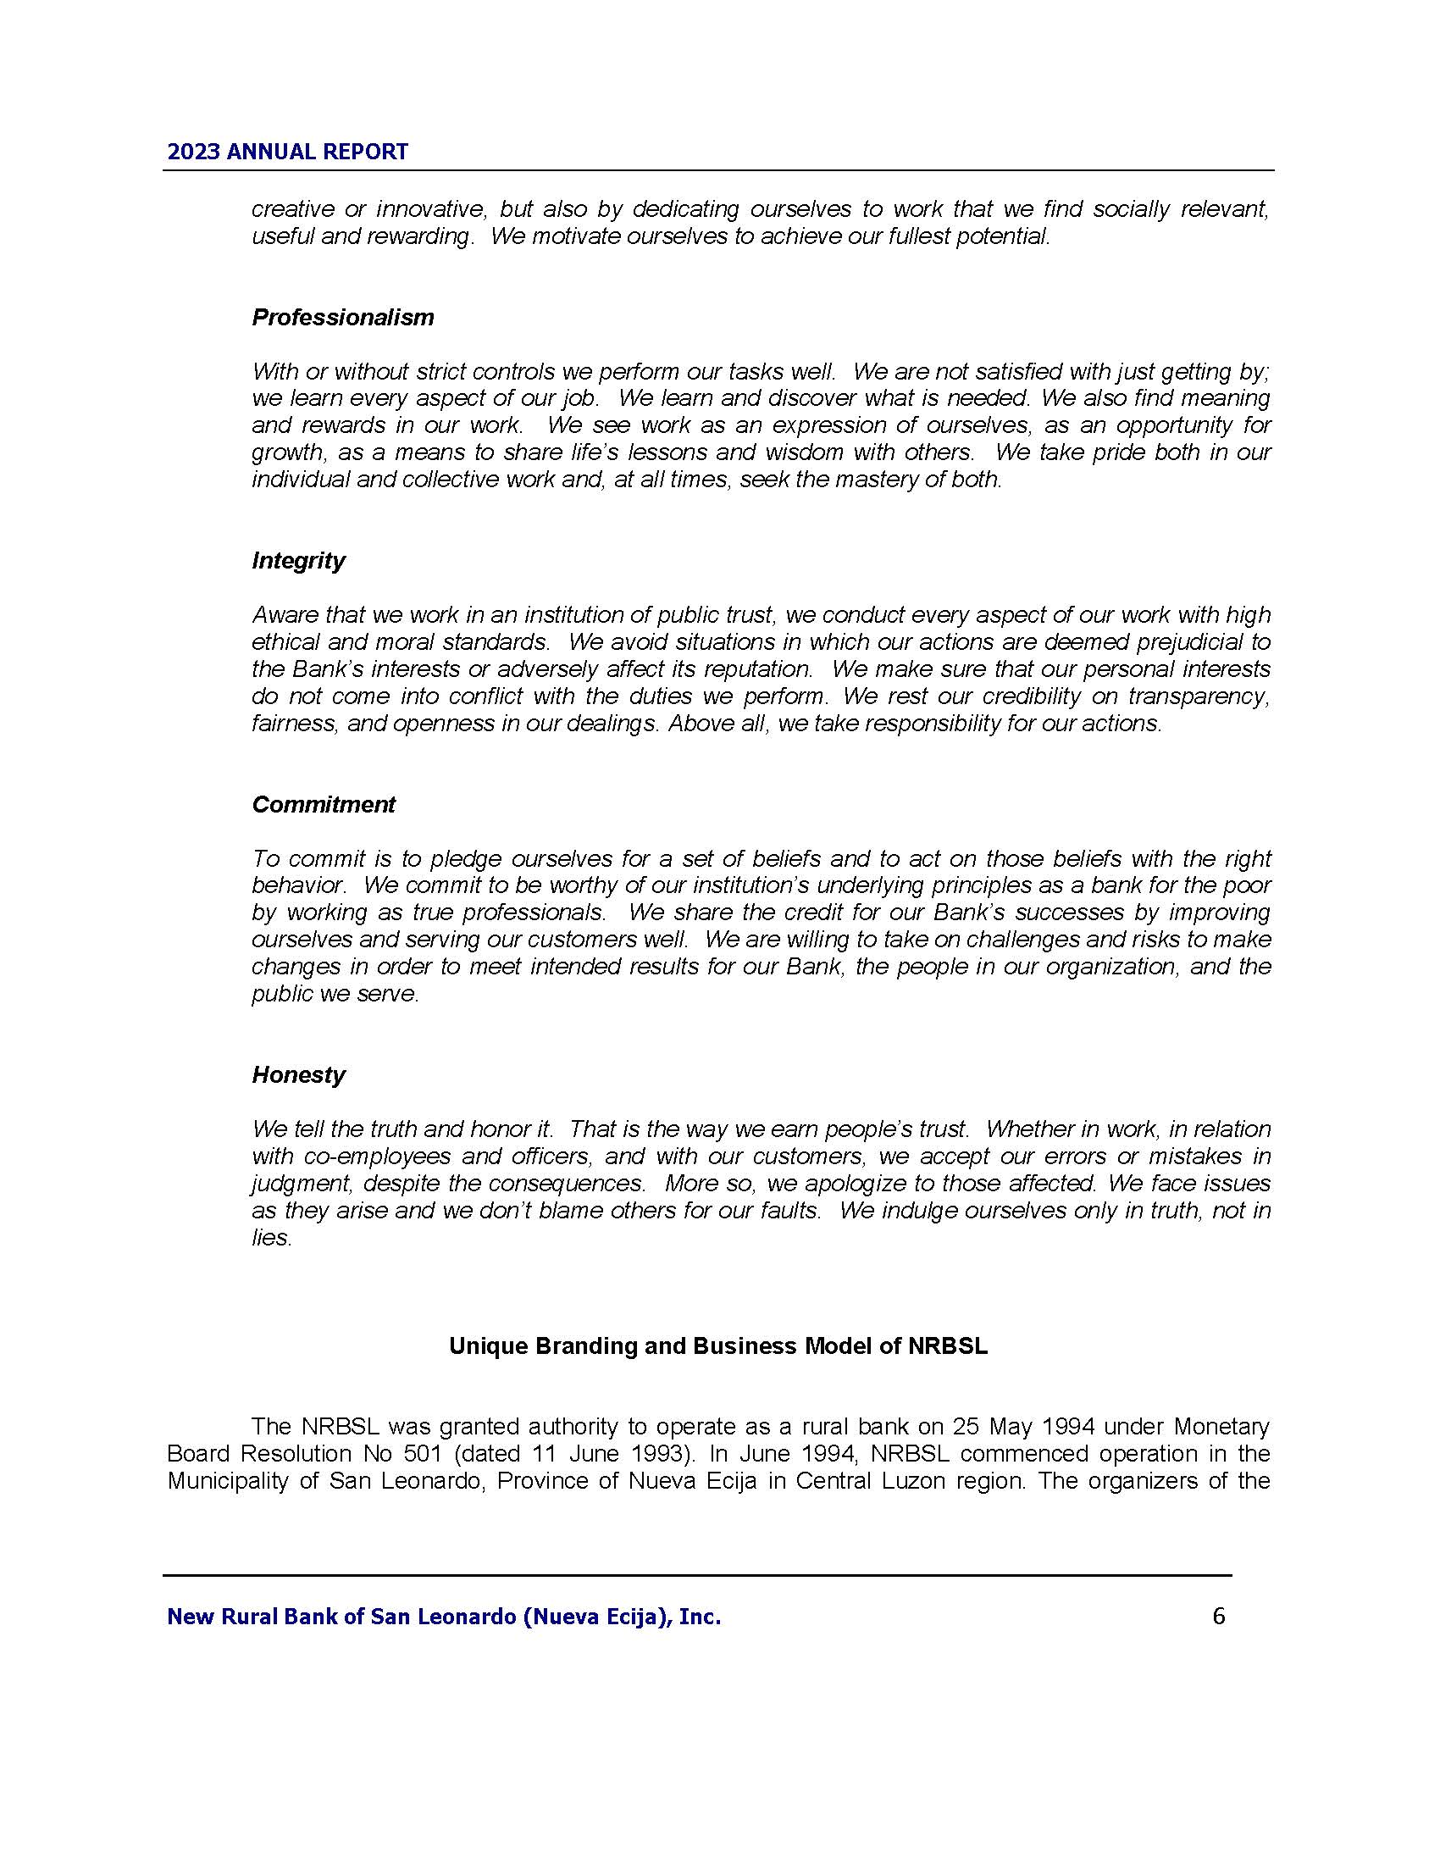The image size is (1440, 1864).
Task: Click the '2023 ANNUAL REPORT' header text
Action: point(287,152)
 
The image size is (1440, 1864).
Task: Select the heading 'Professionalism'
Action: point(343,318)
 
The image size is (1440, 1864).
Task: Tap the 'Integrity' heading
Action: point(298,561)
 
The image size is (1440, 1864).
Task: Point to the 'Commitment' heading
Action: point(324,805)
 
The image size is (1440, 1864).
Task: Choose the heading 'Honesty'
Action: point(298,1074)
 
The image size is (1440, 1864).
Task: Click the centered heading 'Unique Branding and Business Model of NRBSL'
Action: point(718,1346)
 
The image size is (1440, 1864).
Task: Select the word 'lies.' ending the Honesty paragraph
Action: point(271,1238)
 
